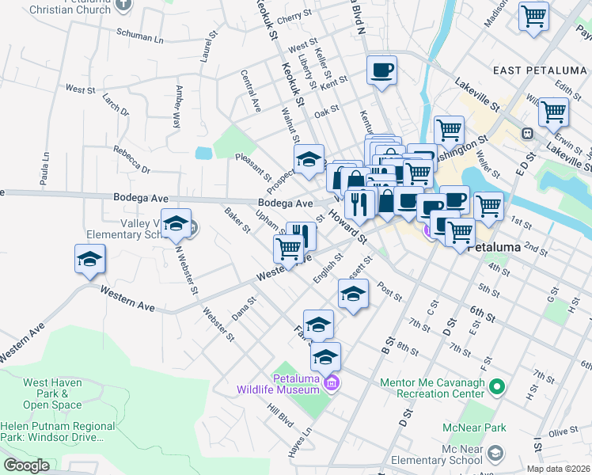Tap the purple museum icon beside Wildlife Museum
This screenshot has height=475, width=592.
point(331,386)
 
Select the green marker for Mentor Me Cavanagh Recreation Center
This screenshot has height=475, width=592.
point(496,387)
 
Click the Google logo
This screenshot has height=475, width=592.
point(25,465)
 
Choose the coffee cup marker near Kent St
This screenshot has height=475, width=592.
point(381,70)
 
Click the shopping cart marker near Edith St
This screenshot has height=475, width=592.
point(553,112)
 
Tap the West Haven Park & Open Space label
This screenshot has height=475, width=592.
point(52,393)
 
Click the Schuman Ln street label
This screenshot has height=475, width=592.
point(139,37)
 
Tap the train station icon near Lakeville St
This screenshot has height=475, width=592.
point(526,134)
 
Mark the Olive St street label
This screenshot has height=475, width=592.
point(564,432)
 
